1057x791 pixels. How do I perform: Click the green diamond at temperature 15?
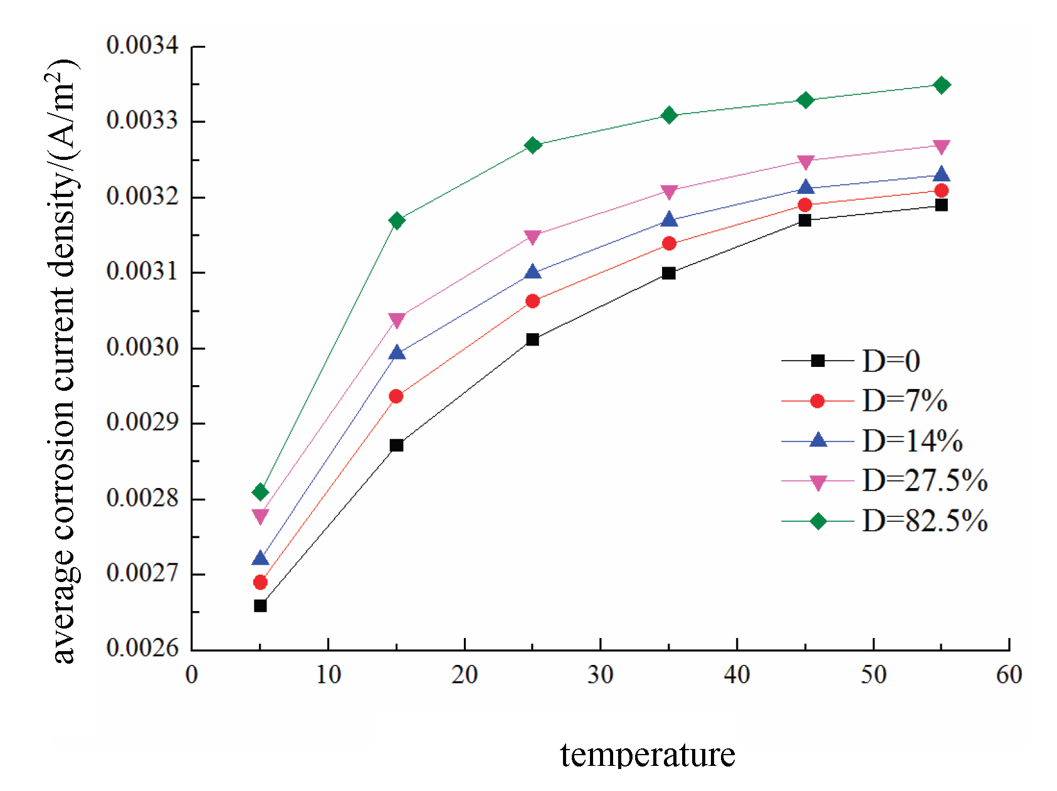pyautogui.click(x=396, y=220)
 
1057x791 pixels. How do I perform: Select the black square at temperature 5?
pyautogui.click(x=260, y=605)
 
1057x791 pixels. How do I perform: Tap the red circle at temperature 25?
pyautogui.click(x=532, y=301)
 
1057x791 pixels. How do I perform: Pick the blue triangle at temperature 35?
pyautogui.click(x=669, y=220)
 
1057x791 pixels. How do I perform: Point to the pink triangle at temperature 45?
pyautogui.click(x=805, y=162)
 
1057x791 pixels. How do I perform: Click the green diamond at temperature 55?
pyautogui.click(x=941, y=85)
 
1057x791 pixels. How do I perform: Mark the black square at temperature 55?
pyautogui.click(x=941, y=205)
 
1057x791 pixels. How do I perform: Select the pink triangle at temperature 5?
pyautogui.click(x=260, y=516)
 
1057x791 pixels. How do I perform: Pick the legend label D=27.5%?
pyautogui.click(x=925, y=481)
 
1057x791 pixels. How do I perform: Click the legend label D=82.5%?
pyautogui.click(x=925, y=521)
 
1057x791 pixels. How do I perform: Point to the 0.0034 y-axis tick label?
pyautogui.click(x=142, y=45)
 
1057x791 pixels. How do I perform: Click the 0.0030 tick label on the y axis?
pyautogui.click(x=142, y=347)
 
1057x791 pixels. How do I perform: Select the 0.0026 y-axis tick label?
pyautogui.click(x=142, y=648)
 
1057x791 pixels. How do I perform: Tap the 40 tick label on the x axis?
pyautogui.click(x=737, y=675)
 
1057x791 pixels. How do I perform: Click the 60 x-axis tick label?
pyautogui.click(x=1009, y=675)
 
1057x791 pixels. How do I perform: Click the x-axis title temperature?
pyautogui.click(x=647, y=754)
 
